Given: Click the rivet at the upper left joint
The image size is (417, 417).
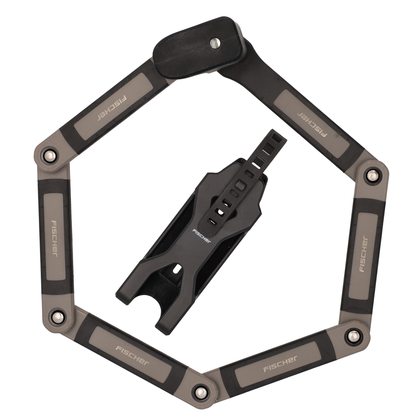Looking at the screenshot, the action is tap(50, 155).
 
